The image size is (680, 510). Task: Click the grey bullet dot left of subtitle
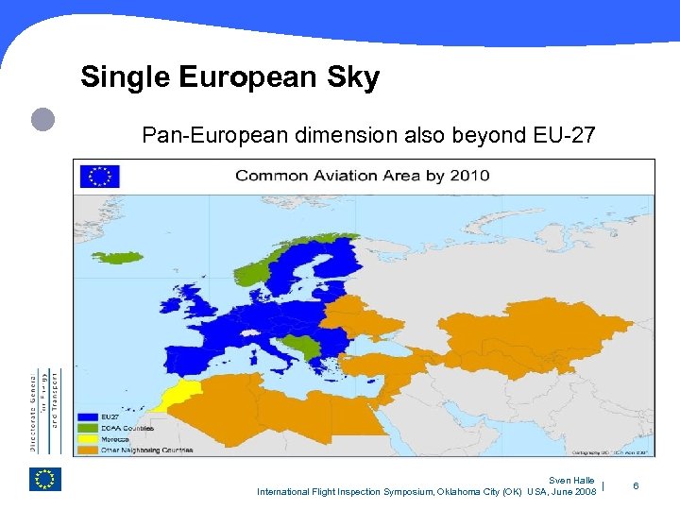coord(42,119)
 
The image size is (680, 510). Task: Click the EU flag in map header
coord(99,176)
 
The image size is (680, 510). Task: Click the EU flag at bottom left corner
coord(44,480)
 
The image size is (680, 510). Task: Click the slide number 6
coord(636,486)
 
